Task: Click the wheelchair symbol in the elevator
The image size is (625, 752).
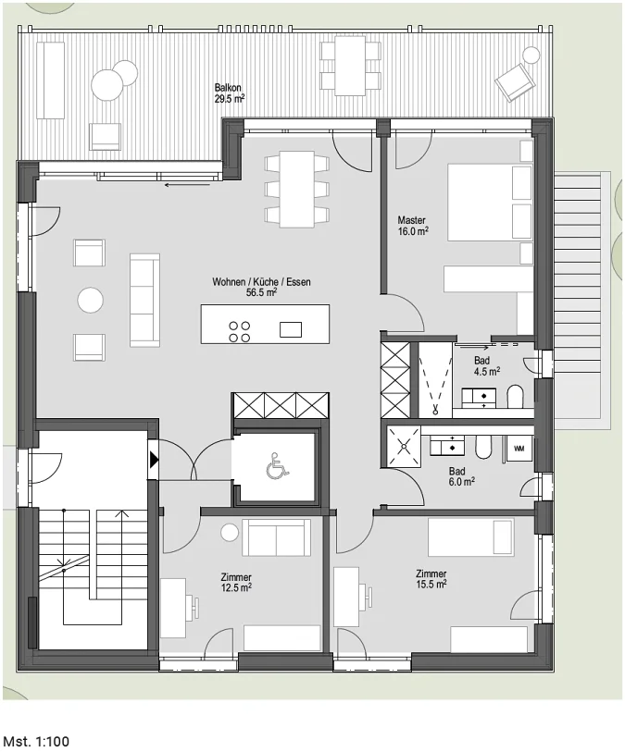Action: [277, 466]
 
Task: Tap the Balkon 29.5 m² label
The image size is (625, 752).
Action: [230, 93]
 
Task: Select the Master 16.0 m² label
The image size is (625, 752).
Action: [413, 226]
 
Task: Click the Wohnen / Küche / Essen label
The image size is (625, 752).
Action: [261, 287]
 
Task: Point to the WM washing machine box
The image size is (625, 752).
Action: [519, 449]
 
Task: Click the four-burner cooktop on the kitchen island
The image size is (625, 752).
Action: [240, 331]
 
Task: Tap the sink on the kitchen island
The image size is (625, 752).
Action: [291, 329]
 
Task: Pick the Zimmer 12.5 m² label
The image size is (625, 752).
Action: [236, 582]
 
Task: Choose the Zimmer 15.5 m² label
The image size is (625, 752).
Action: [431, 579]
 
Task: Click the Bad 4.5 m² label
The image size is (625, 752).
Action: [487, 365]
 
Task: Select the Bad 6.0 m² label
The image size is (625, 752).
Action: [462, 476]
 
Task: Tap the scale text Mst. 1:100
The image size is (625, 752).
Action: [36, 741]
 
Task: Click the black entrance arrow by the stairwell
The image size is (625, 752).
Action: [154, 460]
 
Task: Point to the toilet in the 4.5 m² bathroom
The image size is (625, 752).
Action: [516, 396]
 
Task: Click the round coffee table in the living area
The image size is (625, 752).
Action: [90, 300]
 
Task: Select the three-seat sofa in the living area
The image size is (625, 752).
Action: [144, 300]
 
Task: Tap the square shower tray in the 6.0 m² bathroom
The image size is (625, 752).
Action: [404, 446]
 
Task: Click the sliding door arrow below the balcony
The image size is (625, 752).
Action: [187, 185]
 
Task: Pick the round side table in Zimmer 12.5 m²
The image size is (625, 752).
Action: [230, 533]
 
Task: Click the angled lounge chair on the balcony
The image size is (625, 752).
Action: [515, 82]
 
